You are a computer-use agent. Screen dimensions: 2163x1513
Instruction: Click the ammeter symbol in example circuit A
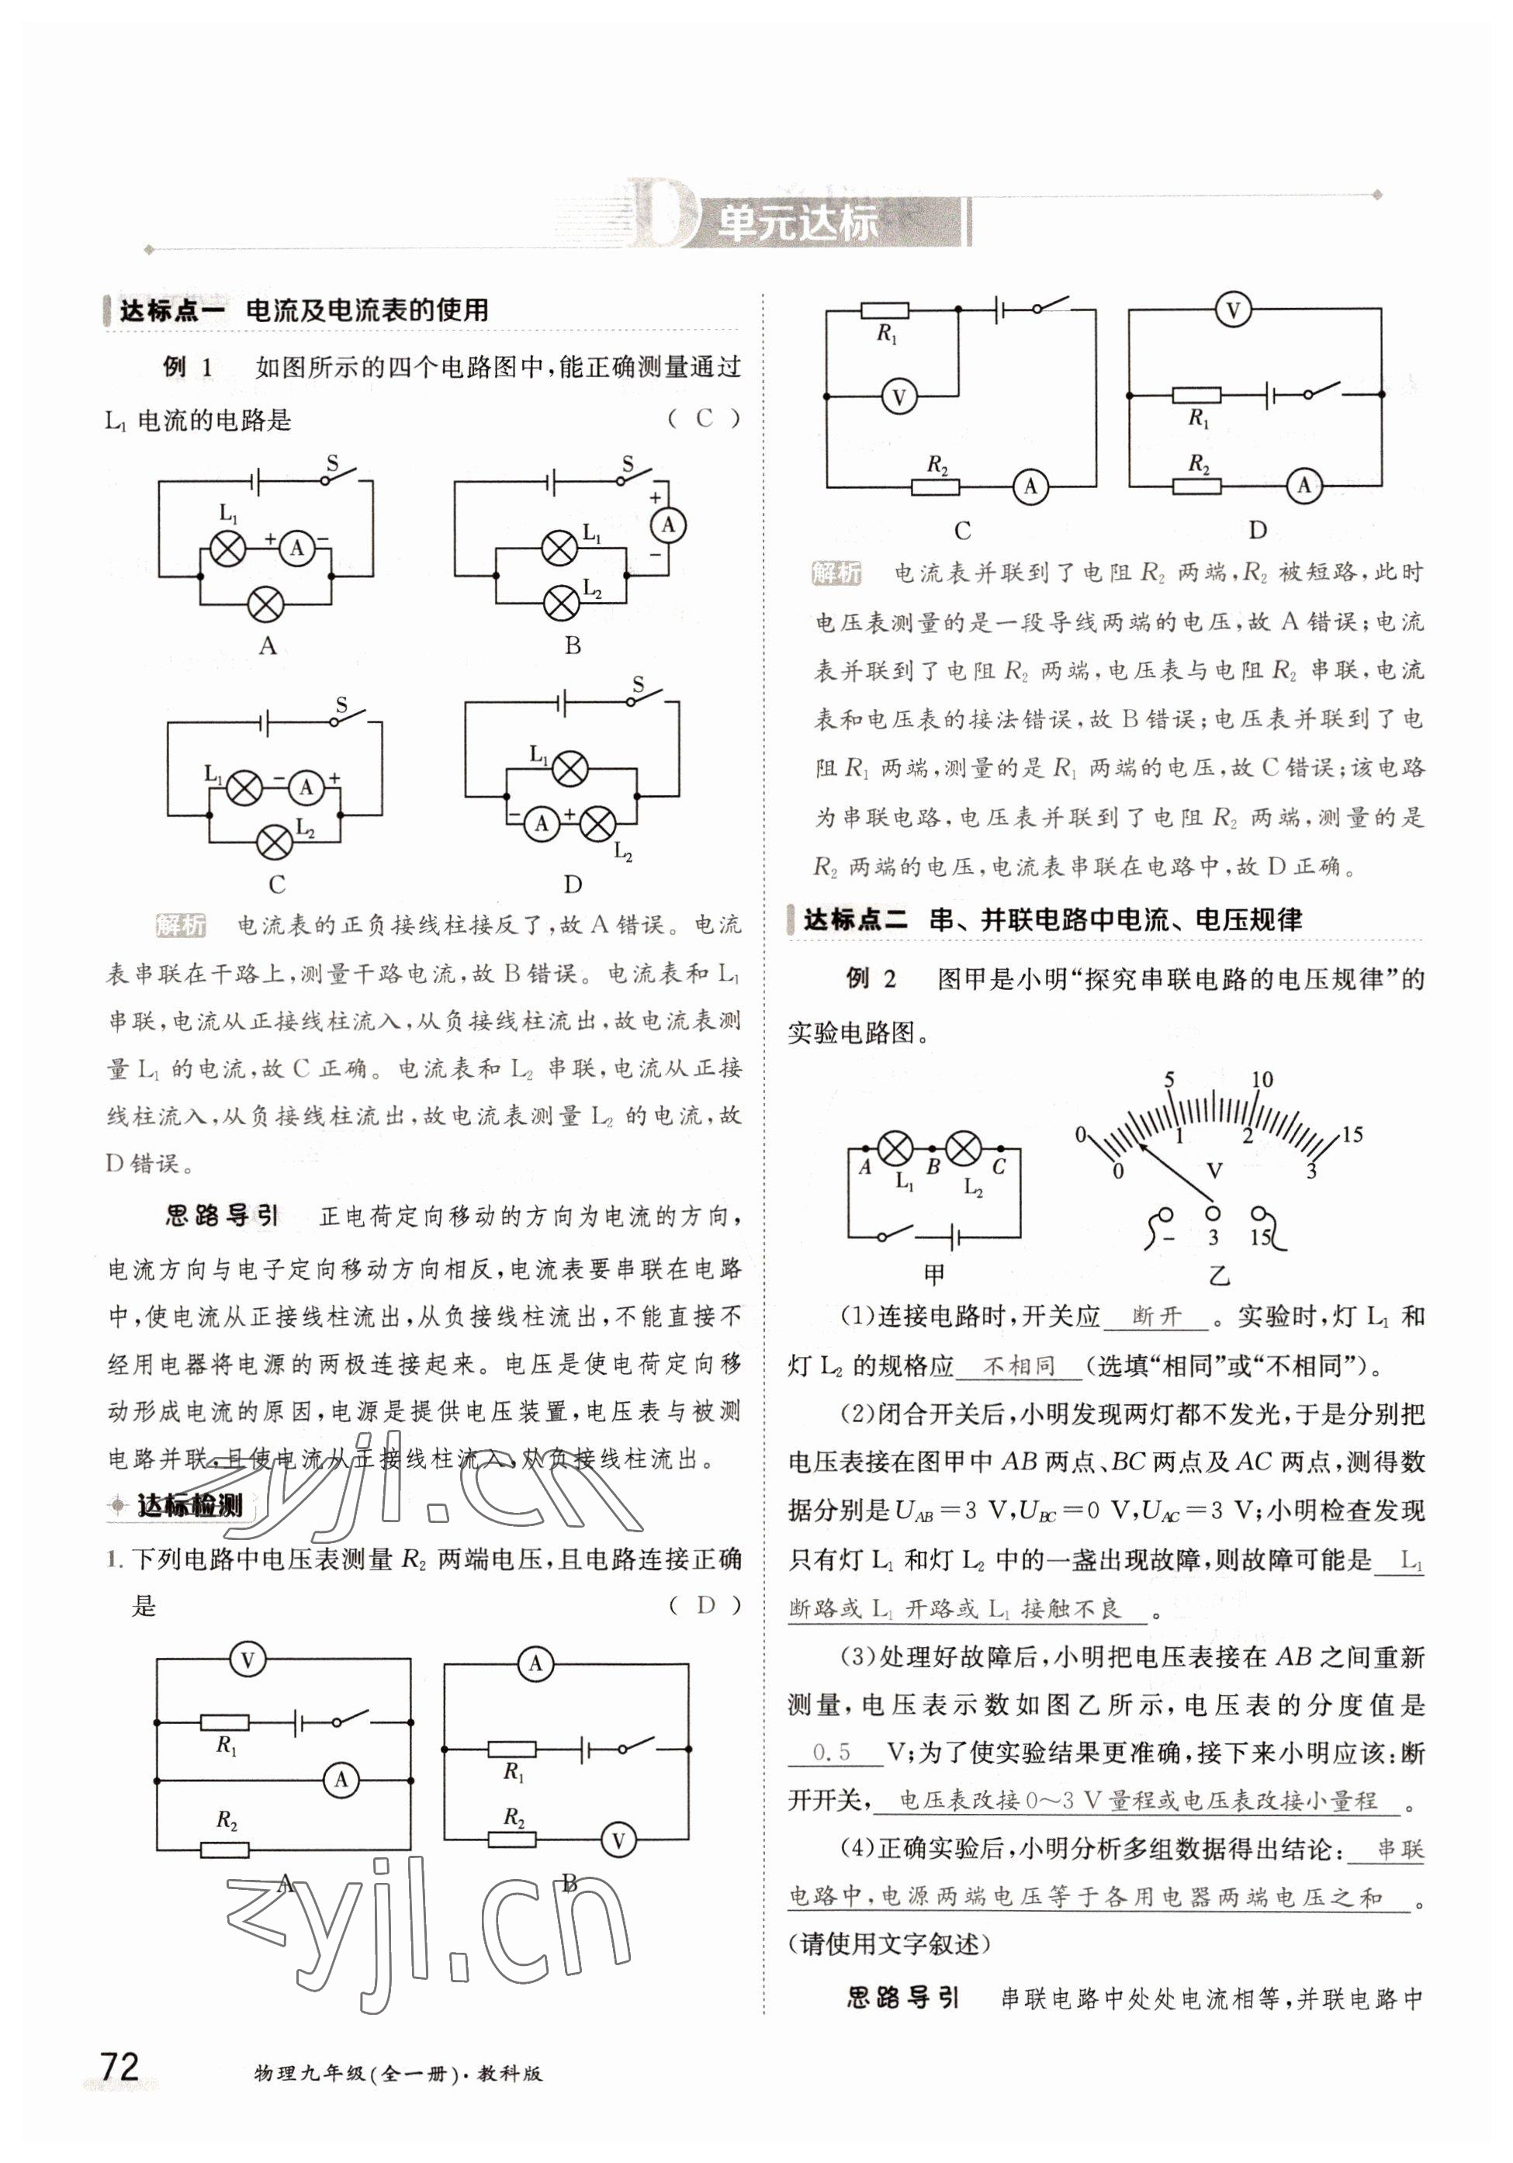click(x=296, y=548)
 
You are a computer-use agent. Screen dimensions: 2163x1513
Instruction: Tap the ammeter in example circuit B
click(x=669, y=524)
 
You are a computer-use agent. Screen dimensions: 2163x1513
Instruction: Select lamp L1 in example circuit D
click(x=568, y=768)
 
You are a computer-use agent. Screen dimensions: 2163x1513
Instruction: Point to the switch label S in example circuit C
click(x=341, y=704)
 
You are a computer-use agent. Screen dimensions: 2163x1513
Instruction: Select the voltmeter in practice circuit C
click(x=898, y=396)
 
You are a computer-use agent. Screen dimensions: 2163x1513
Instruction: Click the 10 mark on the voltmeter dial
click(x=1262, y=1080)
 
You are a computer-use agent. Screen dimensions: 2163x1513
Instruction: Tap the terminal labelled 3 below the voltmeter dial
click(x=1214, y=1215)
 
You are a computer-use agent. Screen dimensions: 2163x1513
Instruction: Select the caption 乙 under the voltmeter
click(x=1219, y=1276)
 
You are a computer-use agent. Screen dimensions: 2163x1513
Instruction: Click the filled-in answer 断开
click(x=1156, y=1317)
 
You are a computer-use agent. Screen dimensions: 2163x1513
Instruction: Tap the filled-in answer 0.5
click(x=832, y=1753)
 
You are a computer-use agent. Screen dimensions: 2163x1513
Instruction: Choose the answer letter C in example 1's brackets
click(x=704, y=418)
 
